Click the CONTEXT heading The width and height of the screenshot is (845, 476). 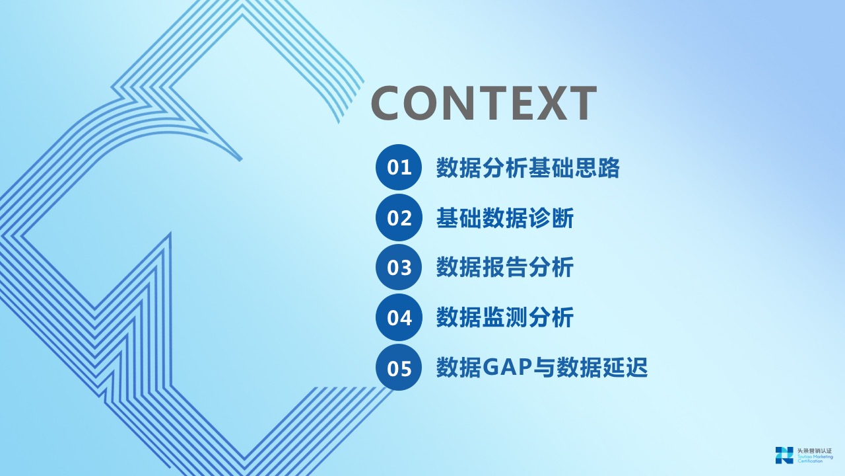pyautogui.click(x=484, y=102)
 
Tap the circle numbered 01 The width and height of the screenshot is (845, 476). pyautogui.click(x=399, y=167)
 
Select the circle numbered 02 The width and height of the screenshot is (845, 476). pyautogui.click(x=399, y=218)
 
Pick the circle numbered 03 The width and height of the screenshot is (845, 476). pyautogui.click(x=399, y=268)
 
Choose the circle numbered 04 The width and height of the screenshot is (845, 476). pyautogui.click(x=399, y=318)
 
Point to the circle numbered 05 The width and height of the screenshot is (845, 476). pyautogui.click(x=399, y=368)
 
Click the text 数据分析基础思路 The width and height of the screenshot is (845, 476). pyautogui.click(x=528, y=168)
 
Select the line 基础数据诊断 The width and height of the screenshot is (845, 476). pyautogui.click(x=505, y=218)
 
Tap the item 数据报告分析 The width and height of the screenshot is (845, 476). pyautogui.click(x=505, y=268)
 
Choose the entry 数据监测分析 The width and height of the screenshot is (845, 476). pyautogui.click(x=505, y=318)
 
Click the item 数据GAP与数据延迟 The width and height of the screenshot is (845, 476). pyautogui.click(x=542, y=368)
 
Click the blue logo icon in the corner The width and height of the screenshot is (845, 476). pyautogui.click(x=784, y=455)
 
